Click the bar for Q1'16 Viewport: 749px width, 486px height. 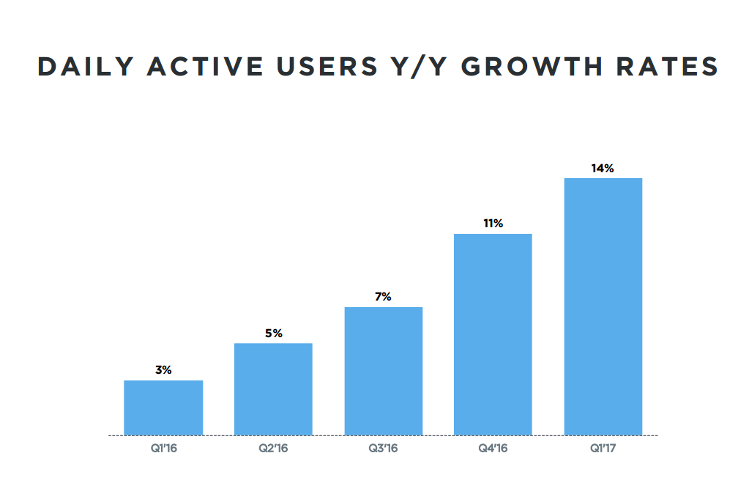point(163,408)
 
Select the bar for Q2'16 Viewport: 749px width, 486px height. point(273,389)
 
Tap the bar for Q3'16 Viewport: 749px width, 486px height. point(383,371)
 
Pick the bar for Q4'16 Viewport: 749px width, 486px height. point(493,334)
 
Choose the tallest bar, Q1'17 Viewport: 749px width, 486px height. point(603,306)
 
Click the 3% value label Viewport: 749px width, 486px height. point(163,370)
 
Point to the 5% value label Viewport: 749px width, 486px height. point(273,334)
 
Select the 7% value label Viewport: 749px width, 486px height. point(383,297)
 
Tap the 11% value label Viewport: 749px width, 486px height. point(493,224)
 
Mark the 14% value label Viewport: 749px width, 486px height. point(603,169)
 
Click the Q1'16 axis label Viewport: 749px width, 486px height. point(163,448)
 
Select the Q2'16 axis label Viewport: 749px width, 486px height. point(273,448)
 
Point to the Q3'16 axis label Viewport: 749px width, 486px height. point(383,448)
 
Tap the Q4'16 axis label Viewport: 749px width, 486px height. point(493,448)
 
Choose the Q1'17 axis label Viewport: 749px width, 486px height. point(603,448)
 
